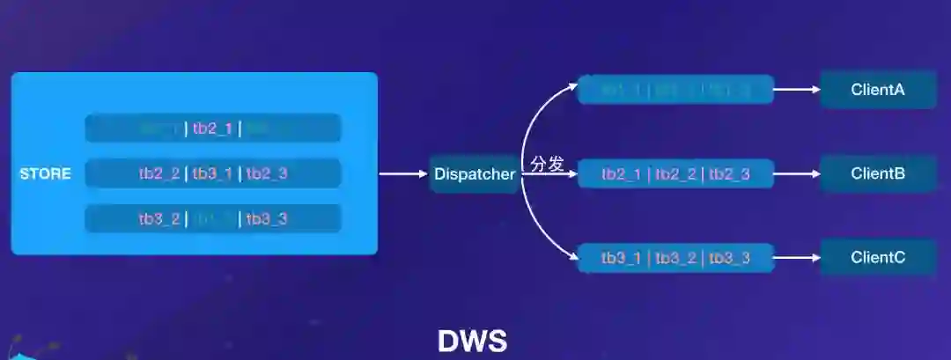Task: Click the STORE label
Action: point(45,173)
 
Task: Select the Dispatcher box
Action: point(474,173)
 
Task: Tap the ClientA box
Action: point(878,89)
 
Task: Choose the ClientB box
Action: point(878,173)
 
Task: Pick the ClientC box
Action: point(878,258)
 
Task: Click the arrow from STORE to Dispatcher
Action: point(403,173)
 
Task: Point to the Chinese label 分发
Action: point(547,164)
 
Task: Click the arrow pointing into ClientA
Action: point(796,89)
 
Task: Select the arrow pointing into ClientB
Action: point(796,173)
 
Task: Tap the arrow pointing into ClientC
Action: point(796,258)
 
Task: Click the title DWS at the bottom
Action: point(472,342)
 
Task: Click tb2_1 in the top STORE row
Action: point(212,129)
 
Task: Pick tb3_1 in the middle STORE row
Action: point(212,173)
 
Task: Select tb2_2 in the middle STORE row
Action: point(159,173)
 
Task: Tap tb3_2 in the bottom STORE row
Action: point(159,219)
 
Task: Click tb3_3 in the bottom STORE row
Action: point(267,219)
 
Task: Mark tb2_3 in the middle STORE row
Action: point(267,173)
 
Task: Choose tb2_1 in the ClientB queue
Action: point(622,173)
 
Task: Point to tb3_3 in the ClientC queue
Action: point(730,258)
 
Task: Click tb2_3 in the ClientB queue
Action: point(730,173)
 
